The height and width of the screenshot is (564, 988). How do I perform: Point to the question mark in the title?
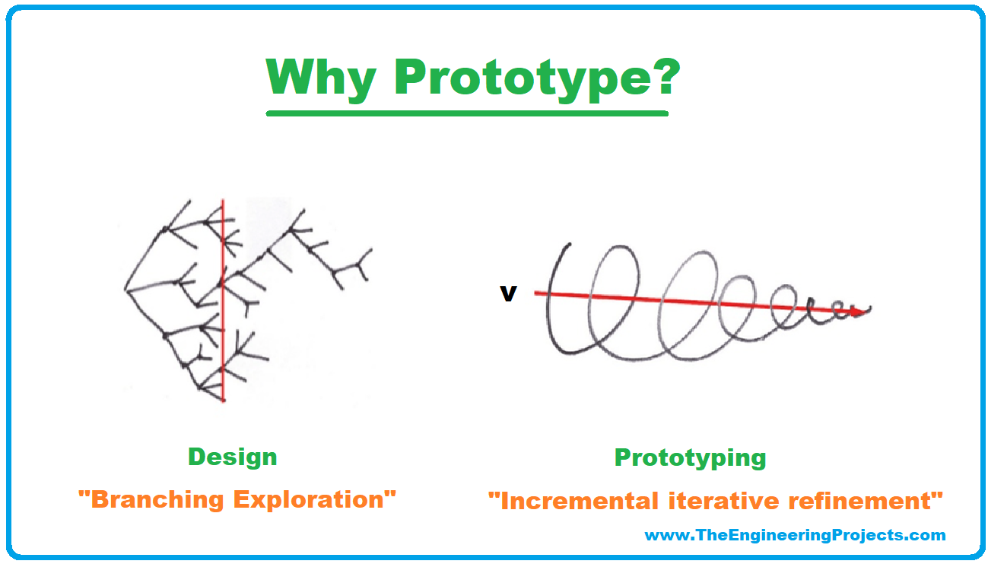coord(664,76)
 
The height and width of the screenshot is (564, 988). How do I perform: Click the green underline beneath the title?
coord(467,113)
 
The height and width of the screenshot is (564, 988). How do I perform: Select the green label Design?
coord(233,457)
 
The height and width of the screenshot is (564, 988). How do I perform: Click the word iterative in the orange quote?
coord(723,502)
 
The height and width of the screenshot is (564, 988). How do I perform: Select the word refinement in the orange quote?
coord(859,502)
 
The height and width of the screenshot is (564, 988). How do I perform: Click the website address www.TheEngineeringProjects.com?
coord(796,535)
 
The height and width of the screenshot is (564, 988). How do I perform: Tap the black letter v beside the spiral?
coord(508,294)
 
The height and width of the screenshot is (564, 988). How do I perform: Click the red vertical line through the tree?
coord(223,300)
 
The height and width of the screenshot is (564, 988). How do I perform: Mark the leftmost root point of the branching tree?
coord(125,290)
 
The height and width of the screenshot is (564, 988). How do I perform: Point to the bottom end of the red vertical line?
coord(223,401)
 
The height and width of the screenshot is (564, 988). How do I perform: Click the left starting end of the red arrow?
coord(535,293)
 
